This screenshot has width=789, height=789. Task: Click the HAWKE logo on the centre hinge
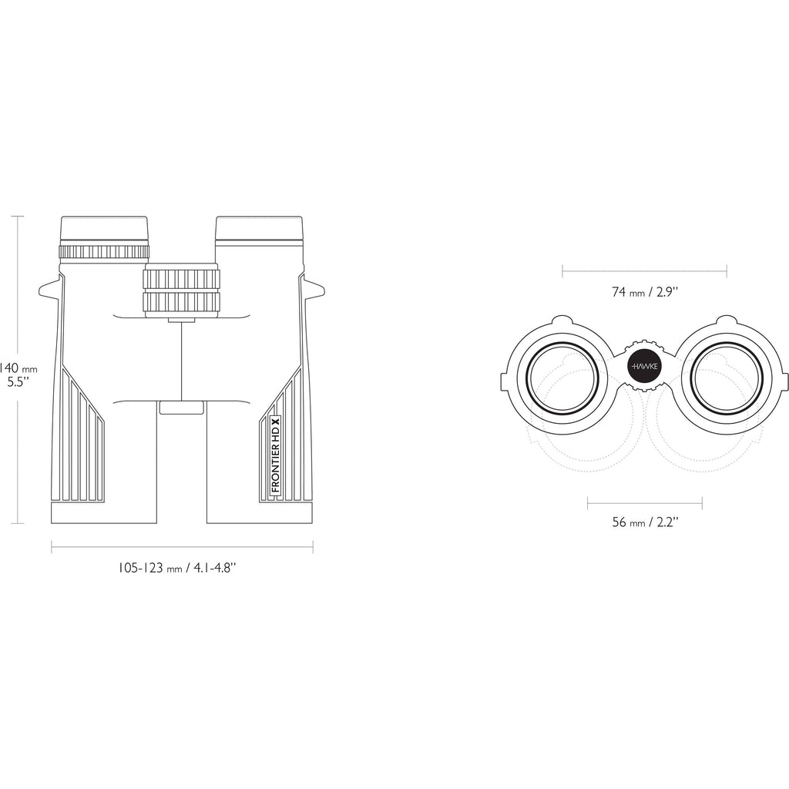pyautogui.click(x=645, y=366)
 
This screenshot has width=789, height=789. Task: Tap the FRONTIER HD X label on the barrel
pyautogui.click(x=275, y=455)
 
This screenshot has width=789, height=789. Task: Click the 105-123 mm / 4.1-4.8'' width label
pyautogui.click(x=177, y=568)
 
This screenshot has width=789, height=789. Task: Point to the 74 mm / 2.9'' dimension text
pyautogui.click(x=645, y=291)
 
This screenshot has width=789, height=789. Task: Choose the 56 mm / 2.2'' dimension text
pyautogui.click(x=645, y=522)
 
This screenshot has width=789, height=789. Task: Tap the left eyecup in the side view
pyautogui.click(x=104, y=230)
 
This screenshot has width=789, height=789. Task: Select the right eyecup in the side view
pyautogui.click(x=259, y=229)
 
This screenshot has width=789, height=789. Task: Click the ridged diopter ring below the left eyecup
pyautogui.click(x=104, y=252)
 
